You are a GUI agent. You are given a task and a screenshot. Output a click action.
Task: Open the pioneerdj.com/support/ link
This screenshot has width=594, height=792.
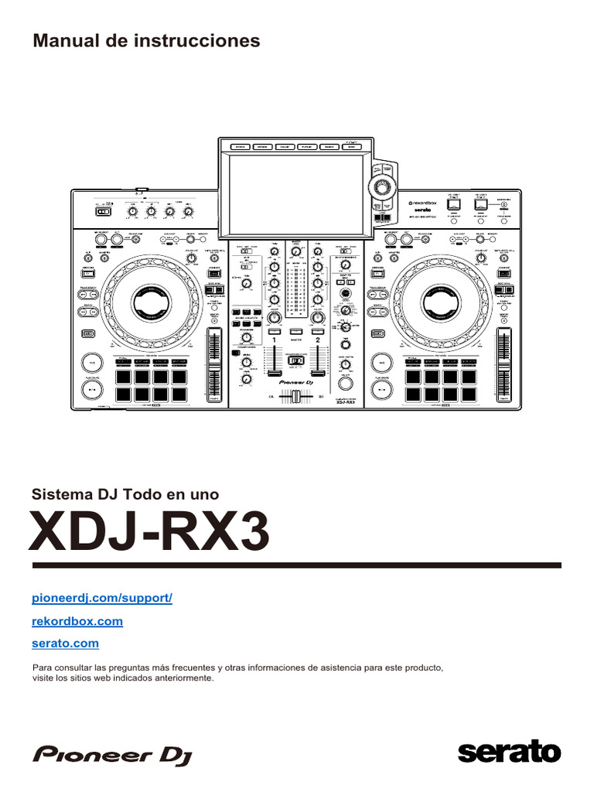tap(102, 599)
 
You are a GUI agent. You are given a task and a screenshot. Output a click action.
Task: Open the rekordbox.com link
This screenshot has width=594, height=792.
tap(77, 621)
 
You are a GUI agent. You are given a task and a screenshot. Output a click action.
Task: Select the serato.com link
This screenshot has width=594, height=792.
tap(66, 643)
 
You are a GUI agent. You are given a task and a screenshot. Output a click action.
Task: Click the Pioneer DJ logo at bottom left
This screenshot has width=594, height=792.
tap(112, 755)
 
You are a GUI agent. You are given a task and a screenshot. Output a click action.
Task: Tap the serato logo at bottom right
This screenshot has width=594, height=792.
tap(509, 752)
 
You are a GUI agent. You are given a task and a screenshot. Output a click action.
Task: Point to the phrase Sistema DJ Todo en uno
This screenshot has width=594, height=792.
tap(125, 493)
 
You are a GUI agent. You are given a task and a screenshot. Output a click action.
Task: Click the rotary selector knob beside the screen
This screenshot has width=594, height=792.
tap(381, 186)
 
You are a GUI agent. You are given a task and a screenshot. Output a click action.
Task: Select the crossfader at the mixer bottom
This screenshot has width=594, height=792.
tap(295, 396)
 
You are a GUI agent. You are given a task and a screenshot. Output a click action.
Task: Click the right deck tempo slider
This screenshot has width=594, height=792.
tap(505, 364)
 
